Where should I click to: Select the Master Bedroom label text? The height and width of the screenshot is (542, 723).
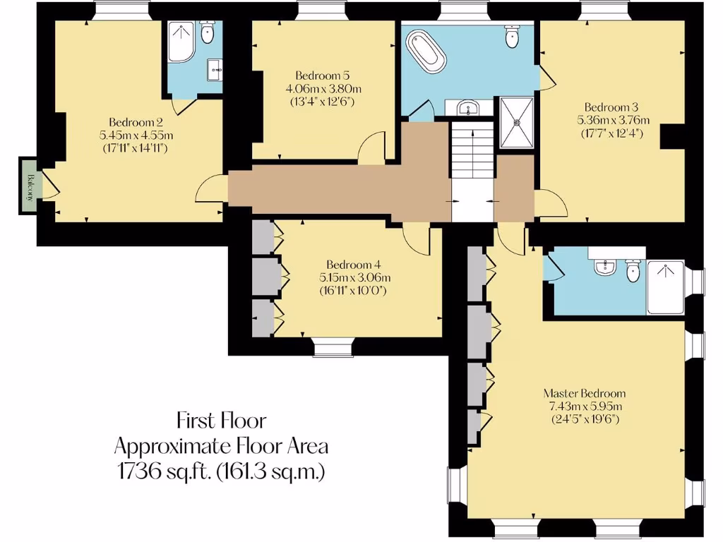(584, 393)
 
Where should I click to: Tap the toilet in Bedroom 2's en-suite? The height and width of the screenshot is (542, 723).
(207, 33)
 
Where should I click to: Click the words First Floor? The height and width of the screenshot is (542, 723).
(221, 421)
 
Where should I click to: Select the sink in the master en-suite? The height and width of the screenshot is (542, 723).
(604, 266)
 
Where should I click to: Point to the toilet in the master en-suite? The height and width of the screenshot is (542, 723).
(633, 268)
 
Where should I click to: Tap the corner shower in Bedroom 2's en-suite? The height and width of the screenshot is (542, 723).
(182, 42)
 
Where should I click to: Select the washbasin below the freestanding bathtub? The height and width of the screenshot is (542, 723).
(465, 108)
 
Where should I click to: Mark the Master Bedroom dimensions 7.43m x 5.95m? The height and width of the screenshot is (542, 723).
(584, 406)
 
